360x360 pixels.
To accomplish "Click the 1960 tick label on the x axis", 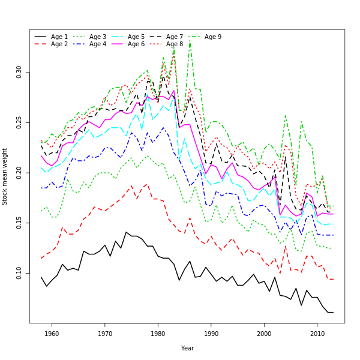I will (52, 334).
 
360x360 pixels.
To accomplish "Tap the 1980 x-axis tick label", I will (158, 334).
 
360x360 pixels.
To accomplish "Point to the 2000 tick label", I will (264, 334).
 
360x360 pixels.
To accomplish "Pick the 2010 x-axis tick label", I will (317, 334).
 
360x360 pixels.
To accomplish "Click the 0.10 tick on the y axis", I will (19, 272).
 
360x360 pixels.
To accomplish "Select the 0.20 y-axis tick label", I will (19, 173).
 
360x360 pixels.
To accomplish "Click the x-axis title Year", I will (187, 348).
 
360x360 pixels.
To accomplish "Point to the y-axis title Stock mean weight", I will (5, 177).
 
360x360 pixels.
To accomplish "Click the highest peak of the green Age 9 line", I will (190, 41).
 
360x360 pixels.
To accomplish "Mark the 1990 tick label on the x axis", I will (211, 334).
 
